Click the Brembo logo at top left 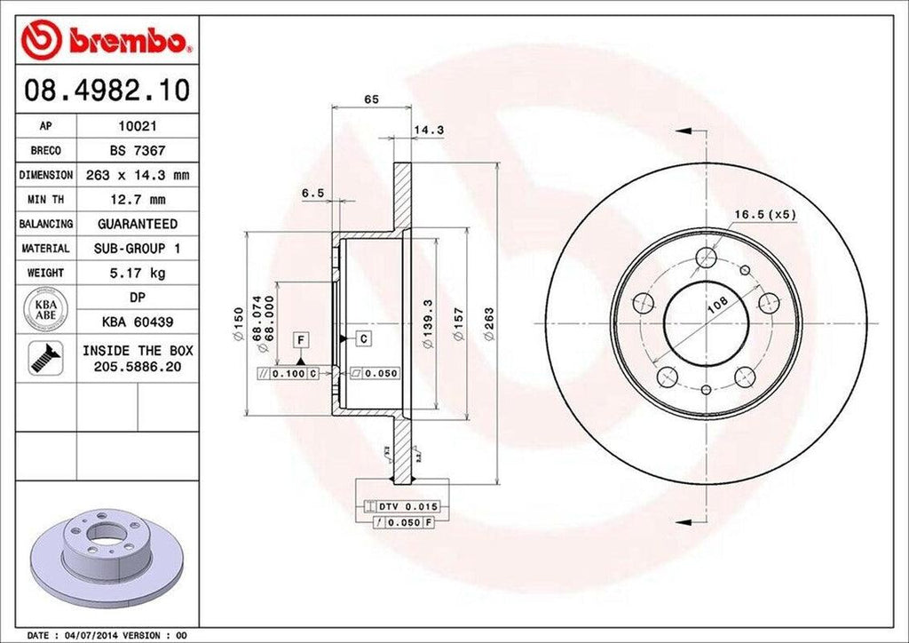tap(106, 40)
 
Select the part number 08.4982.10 tap(106, 91)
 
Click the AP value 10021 tap(137, 127)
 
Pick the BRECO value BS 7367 tap(137, 151)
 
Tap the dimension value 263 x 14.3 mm tap(137, 176)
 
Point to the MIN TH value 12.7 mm tap(137, 200)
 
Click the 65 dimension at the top tap(371, 99)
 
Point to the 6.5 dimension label tap(312, 193)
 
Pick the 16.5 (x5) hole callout tap(764, 214)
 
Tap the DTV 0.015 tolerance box tap(402, 506)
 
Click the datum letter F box tap(302, 339)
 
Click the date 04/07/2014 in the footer tap(94, 636)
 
